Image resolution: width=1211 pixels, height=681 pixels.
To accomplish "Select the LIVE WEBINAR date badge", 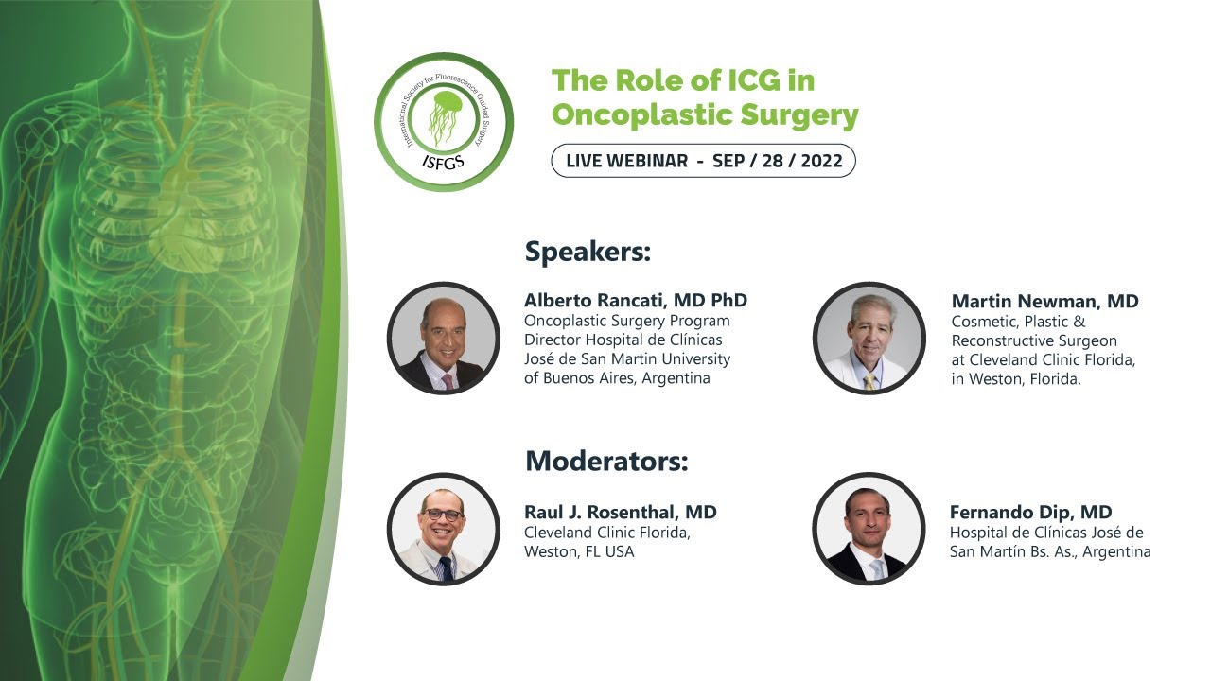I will pyautogui.click(x=703, y=160).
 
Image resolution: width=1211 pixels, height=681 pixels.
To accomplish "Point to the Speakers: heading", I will pyautogui.click(x=588, y=253).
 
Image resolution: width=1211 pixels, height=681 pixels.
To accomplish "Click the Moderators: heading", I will pyautogui.click(x=606, y=462).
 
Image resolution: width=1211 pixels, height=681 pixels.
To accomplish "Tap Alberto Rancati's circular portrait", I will pyautogui.click(x=443, y=338).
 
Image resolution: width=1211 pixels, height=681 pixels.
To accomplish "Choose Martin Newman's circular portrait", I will pyautogui.click(x=869, y=338).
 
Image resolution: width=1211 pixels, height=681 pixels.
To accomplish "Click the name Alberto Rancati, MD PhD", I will pyautogui.click(x=636, y=301).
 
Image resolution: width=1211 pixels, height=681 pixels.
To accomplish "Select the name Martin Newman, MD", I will pyautogui.click(x=1044, y=302).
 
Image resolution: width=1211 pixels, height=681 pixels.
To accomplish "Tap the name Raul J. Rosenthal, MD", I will pyautogui.click(x=621, y=513).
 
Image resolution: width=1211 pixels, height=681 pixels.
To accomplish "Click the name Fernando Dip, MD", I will pyautogui.click(x=1030, y=513).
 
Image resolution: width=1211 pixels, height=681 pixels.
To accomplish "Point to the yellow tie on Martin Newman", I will pyautogui.click(x=869, y=380).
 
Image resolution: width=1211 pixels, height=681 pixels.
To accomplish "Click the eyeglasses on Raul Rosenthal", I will pyautogui.click(x=442, y=515).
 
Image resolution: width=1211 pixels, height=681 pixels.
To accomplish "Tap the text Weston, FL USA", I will pyautogui.click(x=579, y=551).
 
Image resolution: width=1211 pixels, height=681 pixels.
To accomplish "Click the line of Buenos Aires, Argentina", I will pyautogui.click(x=617, y=378).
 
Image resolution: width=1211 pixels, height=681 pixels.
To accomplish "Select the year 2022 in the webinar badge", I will pyautogui.click(x=821, y=160).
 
